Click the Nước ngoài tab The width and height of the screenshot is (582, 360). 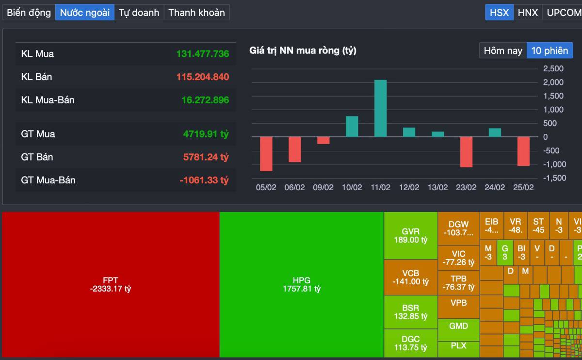coord(84,13)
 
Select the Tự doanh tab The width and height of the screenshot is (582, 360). coord(139,13)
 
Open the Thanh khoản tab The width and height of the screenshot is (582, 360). coord(196,13)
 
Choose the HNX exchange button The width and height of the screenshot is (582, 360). coord(528,13)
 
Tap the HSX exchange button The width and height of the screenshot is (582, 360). coord(499,13)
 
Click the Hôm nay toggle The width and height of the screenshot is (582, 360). coord(503,50)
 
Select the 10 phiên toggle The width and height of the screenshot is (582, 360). coord(550,50)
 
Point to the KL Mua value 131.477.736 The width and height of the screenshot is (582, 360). coord(202,54)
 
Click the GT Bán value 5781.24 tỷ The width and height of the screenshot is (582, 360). coord(204,157)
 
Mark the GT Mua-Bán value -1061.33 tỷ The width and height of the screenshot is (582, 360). coord(204,180)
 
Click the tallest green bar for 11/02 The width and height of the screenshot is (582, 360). coord(380,108)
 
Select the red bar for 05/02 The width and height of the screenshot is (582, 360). coord(266,154)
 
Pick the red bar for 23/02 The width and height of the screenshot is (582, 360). coord(466,152)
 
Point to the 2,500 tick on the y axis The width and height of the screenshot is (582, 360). coord(553,68)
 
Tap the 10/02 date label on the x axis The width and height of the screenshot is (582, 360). coord(352,188)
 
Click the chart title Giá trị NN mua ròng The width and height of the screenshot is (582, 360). coord(303,50)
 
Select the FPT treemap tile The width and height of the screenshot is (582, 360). coord(111,284)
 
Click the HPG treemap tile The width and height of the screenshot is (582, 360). coord(302,284)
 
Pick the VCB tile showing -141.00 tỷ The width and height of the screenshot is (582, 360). coord(410,277)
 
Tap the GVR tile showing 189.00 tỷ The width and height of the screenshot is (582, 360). coord(410,235)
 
